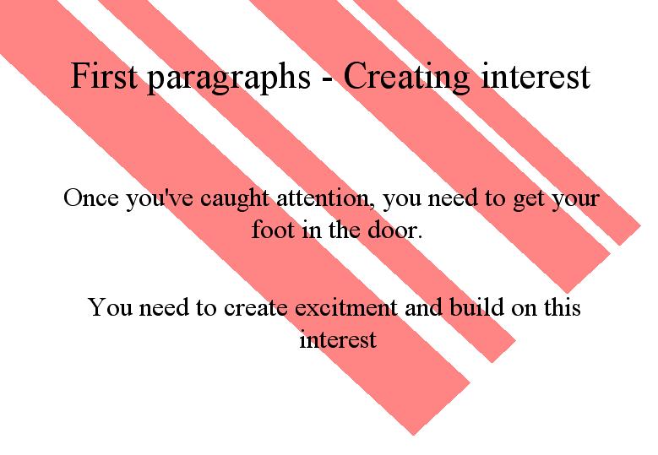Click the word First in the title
(104, 75)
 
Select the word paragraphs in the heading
(229, 79)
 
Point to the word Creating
(406, 78)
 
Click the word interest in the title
(536, 76)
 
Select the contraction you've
(160, 199)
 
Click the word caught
(234, 199)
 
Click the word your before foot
(574, 200)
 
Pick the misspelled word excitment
(345, 306)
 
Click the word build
(476, 306)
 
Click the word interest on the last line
(338, 339)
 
